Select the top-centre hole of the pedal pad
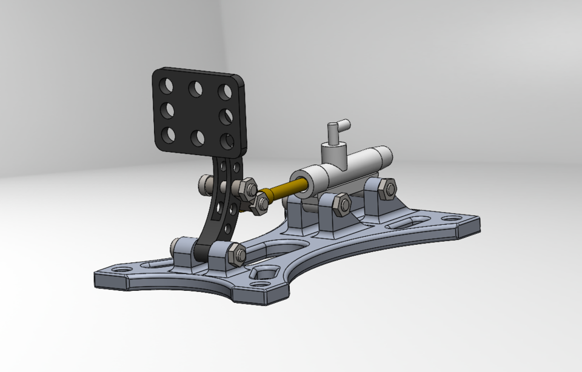(x=196, y=89)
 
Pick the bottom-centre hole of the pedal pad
(x=197, y=138)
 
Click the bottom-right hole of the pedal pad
(x=227, y=141)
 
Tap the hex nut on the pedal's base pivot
(x=235, y=254)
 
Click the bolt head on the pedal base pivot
(x=178, y=246)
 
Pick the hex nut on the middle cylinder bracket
(x=341, y=205)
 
